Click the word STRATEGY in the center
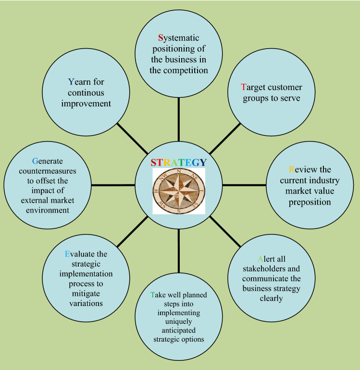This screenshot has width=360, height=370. pyautogui.click(x=178, y=163)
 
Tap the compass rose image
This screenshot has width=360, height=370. pyautogui.click(x=179, y=191)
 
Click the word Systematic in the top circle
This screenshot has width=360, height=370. pyautogui.click(x=178, y=38)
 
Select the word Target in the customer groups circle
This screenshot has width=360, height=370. pyautogui.click(x=250, y=88)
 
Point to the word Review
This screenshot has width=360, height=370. pyautogui.click(x=303, y=169)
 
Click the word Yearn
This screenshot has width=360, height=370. pyautogui.click(x=79, y=81)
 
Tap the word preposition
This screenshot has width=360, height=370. pyautogui.click(x=310, y=202)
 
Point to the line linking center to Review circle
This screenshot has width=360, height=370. pyautogui.click(x=244, y=185)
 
